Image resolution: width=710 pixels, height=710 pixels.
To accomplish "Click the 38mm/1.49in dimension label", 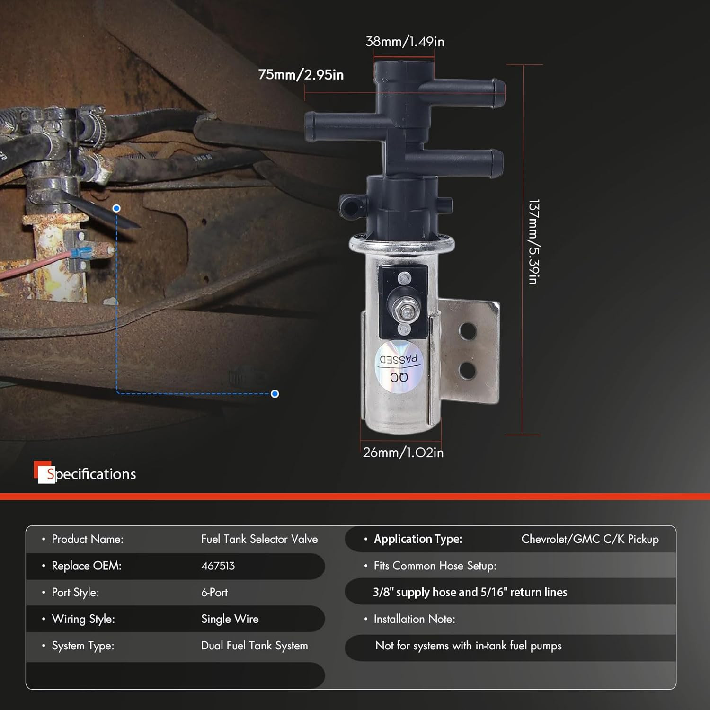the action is tap(405, 42).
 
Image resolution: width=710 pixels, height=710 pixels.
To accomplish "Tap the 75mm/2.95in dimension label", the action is tap(301, 75).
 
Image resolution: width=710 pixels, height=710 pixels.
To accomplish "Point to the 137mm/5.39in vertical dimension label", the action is tap(533, 242).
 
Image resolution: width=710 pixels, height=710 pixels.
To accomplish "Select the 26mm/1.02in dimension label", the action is tap(403, 453).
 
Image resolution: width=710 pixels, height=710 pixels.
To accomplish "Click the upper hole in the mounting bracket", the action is tap(468, 331).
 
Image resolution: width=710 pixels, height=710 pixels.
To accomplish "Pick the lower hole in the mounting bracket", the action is tap(467, 370).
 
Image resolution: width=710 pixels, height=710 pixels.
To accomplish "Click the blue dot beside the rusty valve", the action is tap(116, 208).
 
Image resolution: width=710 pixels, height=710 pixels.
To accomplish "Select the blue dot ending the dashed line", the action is tap(275, 394).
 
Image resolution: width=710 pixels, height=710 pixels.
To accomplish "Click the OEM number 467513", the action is tap(218, 566).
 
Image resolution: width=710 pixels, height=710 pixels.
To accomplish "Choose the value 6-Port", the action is tap(214, 592).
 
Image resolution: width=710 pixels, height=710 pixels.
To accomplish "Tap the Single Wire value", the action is tap(230, 619).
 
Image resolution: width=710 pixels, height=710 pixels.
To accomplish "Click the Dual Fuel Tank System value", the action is tap(254, 646).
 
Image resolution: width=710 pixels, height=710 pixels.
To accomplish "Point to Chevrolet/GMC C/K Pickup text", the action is tap(590, 539).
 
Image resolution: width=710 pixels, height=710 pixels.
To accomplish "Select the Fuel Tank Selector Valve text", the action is tap(259, 539).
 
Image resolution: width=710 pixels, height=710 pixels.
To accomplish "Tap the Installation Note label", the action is tap(414, 619).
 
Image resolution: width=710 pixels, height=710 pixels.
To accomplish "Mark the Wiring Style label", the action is tap(83, 619).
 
